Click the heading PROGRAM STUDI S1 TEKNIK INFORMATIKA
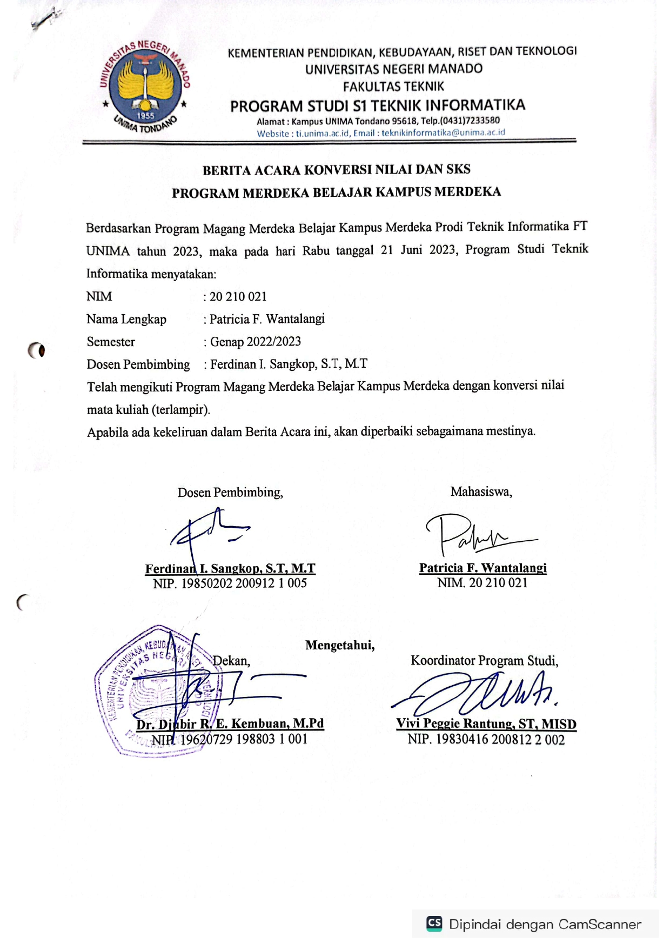pos(377,105)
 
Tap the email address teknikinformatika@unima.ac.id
pos(443,132)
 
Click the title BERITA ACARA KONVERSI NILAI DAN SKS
pos(336,170)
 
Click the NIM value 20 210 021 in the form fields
pos(238,296)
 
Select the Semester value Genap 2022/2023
pos(255,342)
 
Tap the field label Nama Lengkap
pos(126,319)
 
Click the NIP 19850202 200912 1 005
pos(230,583)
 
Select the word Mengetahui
pos(340,645)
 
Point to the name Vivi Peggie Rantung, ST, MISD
pos(486,724)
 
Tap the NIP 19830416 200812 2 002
pos(486,739)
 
